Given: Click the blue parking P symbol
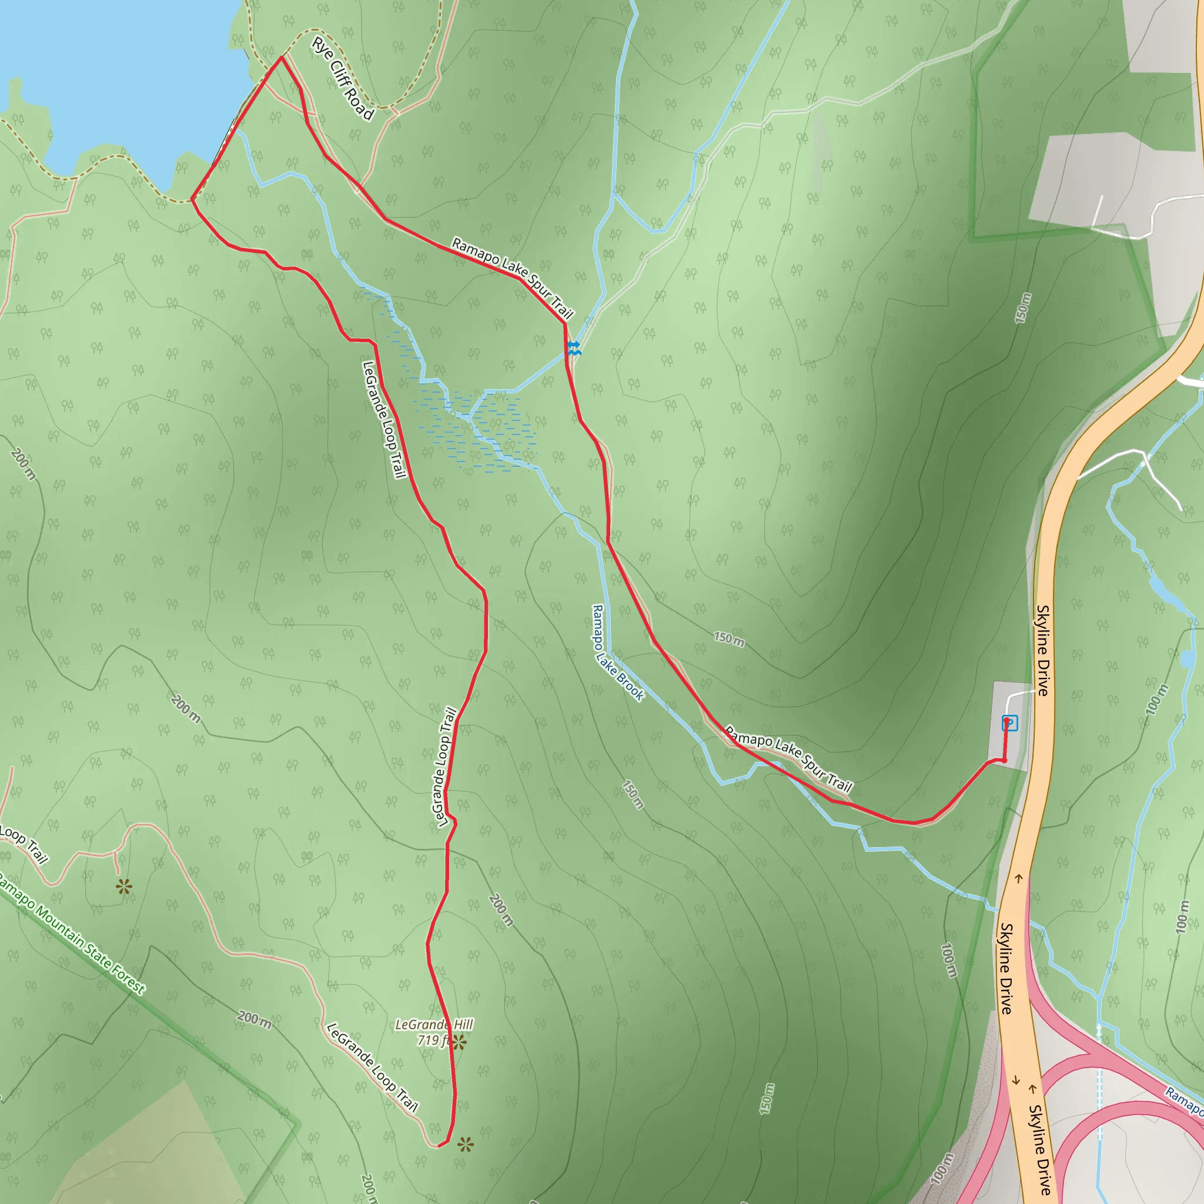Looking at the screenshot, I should coord(1009,723).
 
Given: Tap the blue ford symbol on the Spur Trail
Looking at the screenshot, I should coord(574,349).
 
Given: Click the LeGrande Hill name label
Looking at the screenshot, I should coord(434,1025).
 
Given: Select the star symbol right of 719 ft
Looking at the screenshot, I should coord(459,1042).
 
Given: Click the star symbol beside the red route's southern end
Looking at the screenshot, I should coord(465,1143).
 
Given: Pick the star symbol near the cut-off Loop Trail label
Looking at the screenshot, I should coord(124,887).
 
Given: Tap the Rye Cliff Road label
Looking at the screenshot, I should coord(343,79).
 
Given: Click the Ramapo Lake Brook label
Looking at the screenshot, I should coord(617,653).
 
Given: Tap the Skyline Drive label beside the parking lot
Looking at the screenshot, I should coord(1042,650).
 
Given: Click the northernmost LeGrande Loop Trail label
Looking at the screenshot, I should coord(384,419).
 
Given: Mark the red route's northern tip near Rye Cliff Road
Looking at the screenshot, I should coord(282,58).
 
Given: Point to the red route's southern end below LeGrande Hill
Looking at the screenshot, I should coord(439,1145).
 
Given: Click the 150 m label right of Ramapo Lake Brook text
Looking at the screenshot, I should coord(729,639).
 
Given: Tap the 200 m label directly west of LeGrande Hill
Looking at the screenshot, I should coord(253,1019).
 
